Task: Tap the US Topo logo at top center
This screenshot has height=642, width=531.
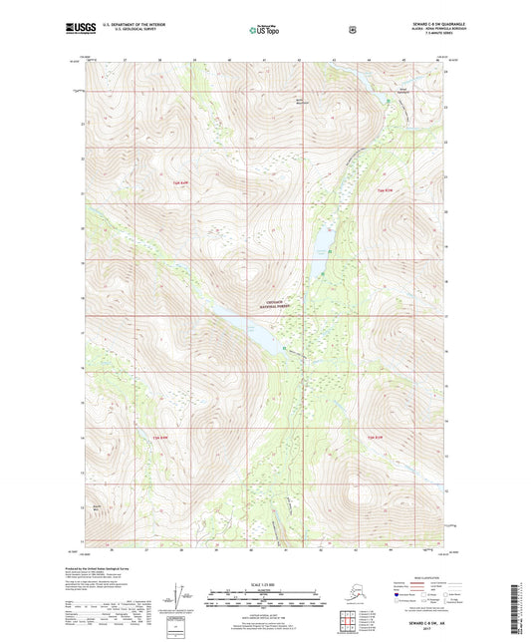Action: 264,31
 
